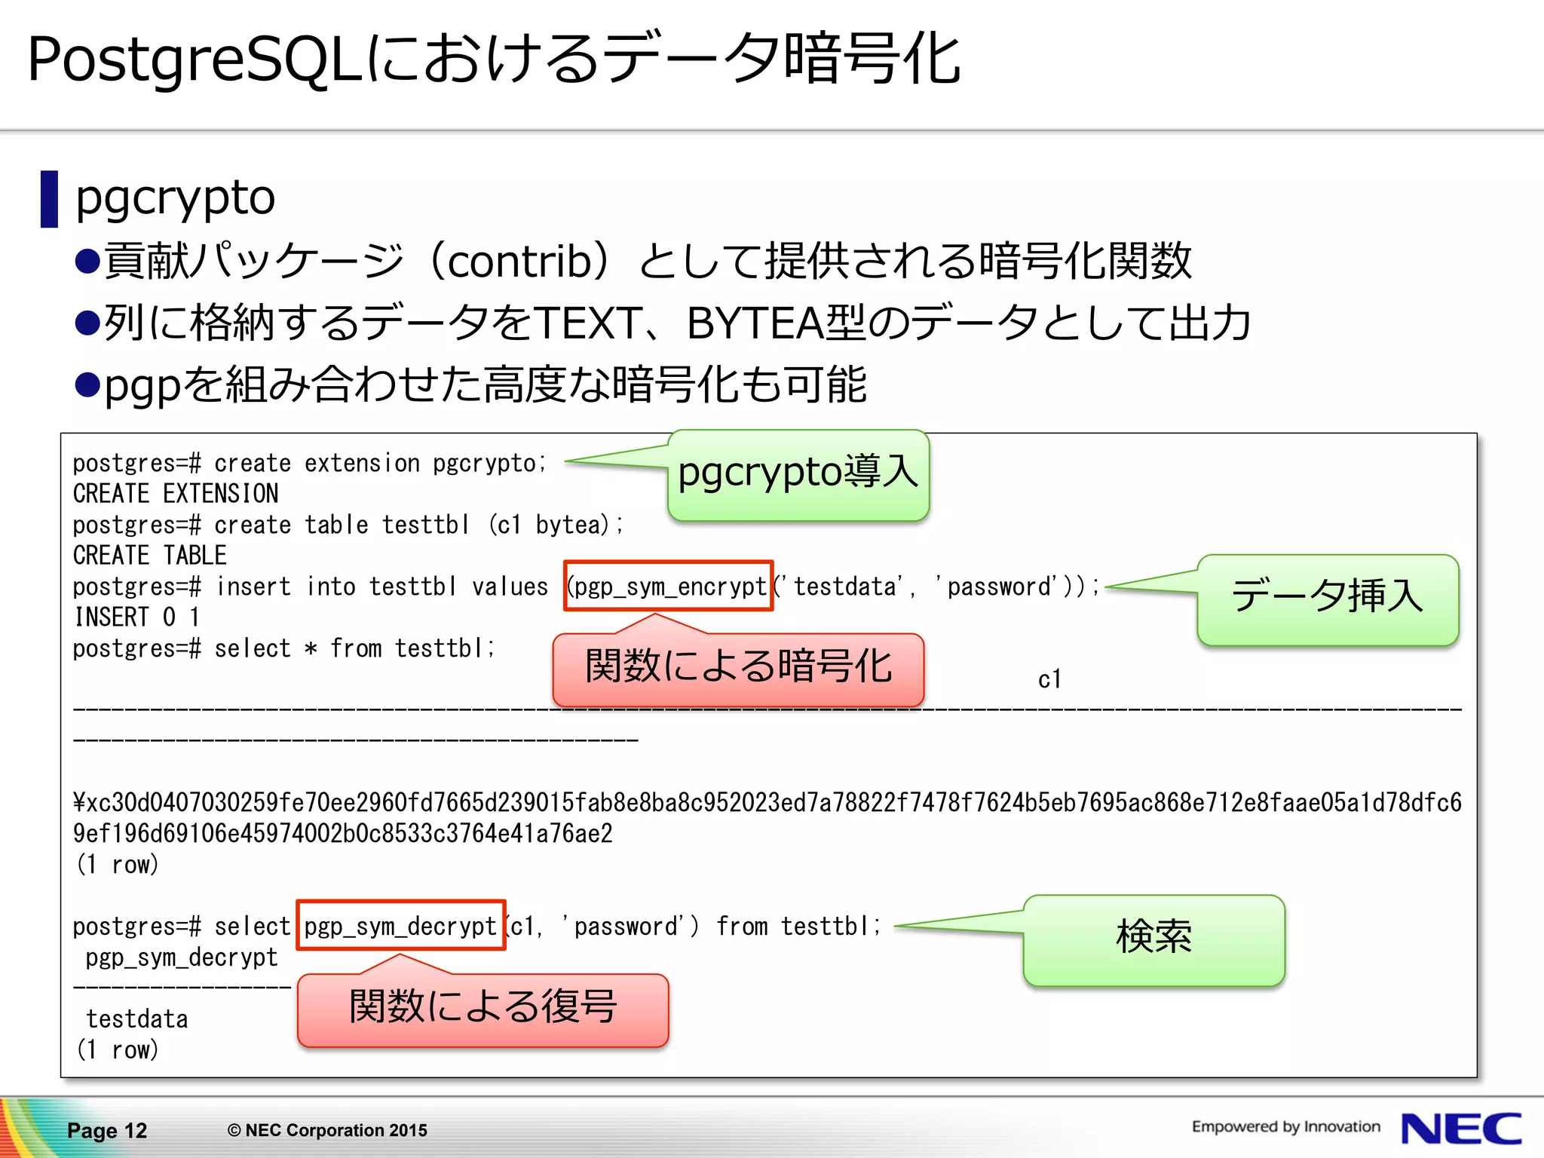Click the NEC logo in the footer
click(1460, 1129)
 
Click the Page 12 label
click(107, 1130)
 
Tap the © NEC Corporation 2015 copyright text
click(327, 1130)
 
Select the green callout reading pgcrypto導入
click(798, 475)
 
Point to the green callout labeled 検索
click(1153, 939)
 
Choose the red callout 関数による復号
click(483, 1009)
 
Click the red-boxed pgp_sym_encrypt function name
click(669, 586)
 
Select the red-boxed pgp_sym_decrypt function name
click(401, 925)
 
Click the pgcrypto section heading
click(176, 198)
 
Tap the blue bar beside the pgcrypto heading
click(49, 199)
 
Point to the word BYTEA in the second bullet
click(755, 323)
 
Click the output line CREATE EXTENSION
click(176, 494)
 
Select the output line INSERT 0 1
click(137, 617)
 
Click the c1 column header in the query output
click(1049, 679)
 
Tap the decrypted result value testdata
click(137, 1019)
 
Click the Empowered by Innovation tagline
click(1285, 1126)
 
